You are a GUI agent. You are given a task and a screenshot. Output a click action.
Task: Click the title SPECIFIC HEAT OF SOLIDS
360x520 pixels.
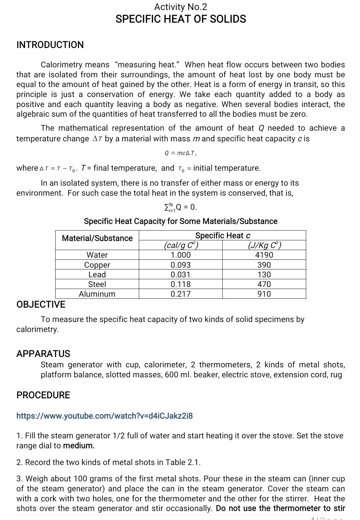(181, 19)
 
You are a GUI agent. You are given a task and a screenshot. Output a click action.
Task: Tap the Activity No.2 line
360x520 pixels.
(181, 7)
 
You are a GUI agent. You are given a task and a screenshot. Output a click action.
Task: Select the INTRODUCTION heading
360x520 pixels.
(50, 45)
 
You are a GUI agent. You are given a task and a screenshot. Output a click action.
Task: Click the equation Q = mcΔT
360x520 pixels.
(181, 153)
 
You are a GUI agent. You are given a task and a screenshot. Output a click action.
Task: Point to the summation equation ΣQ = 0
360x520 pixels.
(181, 207)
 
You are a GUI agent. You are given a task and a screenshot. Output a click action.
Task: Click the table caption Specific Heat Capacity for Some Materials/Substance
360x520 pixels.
(181, 221)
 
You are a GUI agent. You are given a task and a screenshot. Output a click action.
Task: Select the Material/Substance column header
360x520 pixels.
(97, 238)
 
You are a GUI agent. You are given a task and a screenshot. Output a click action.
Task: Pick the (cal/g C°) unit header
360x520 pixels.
(181, 245)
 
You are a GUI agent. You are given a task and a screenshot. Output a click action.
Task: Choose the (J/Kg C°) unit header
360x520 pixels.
(264, 245)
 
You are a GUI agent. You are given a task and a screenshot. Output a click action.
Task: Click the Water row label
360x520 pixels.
(97, 255)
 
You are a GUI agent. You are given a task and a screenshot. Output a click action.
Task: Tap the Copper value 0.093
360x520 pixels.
(181, 265)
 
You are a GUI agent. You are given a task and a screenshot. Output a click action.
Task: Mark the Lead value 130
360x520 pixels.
(264, 275)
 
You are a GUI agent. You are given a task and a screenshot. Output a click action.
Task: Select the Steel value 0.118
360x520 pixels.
(181, 284)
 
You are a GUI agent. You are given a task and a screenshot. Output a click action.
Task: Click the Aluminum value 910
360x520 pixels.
(264, 294)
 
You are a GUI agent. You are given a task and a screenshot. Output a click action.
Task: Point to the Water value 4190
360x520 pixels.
(264, 255)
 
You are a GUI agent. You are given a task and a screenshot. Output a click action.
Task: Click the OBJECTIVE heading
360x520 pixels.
(41, 304)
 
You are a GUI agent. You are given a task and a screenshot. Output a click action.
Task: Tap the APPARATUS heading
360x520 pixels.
(43, 354)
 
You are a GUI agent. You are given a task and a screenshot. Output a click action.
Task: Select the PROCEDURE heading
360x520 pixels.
(43, 395)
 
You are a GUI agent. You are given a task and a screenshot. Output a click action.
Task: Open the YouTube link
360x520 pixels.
(105, 416)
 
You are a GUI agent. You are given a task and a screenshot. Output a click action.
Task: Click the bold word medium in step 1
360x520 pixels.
(79, 446)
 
